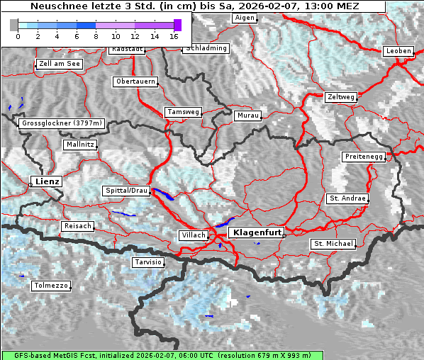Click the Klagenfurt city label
257,232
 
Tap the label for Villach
193,235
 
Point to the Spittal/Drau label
126,191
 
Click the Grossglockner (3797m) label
62,123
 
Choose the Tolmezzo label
51,286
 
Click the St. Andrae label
347,198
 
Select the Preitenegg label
364,157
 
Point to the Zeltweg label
340,97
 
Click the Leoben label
397,51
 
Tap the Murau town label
247,116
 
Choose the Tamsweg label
183,112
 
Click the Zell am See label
59,64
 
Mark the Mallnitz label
79,145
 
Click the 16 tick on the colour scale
174,36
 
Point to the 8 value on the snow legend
96,36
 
